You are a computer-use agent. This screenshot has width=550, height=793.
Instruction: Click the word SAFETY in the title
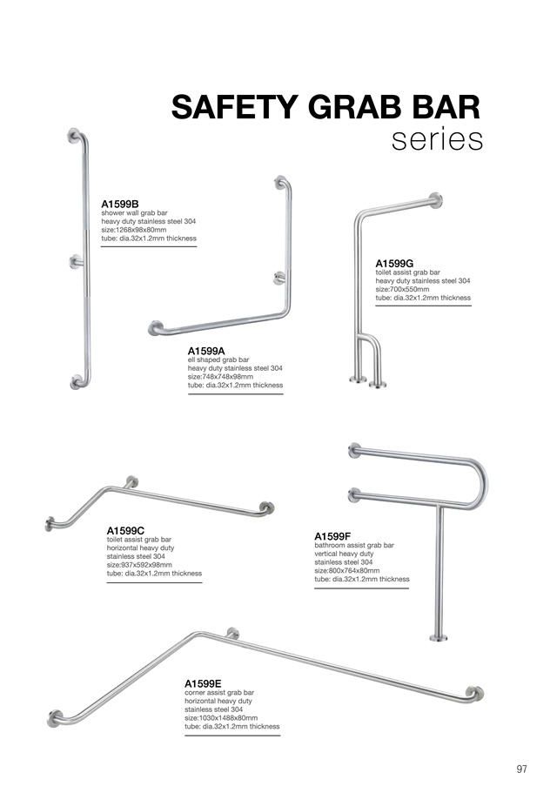(235, 107)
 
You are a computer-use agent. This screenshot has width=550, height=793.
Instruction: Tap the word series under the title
(437, 140)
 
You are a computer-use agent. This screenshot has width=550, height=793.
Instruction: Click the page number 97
(521, 769)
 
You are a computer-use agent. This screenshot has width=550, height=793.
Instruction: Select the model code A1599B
(120, 204)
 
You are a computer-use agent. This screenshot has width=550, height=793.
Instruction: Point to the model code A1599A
(206, 351)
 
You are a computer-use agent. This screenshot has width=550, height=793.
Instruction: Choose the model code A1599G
(394, 263)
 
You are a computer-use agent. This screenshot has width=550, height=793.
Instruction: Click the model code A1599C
(125, 530)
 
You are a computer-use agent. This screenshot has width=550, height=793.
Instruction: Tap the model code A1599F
(332, 536)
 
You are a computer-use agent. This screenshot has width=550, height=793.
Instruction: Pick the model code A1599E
(203, 684)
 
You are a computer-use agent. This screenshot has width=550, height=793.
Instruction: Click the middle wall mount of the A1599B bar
(76, 261)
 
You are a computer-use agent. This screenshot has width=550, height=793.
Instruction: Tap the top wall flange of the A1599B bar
(74, 135)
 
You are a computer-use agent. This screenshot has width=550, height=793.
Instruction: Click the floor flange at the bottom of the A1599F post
(439, 638)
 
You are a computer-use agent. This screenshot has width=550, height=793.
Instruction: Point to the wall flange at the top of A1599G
(435, 200)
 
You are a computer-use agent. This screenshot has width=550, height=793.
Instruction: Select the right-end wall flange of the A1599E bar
(475, 694)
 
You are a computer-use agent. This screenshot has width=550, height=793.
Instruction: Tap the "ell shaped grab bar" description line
(218, 360)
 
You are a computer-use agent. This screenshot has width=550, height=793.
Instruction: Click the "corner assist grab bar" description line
(219, 692)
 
